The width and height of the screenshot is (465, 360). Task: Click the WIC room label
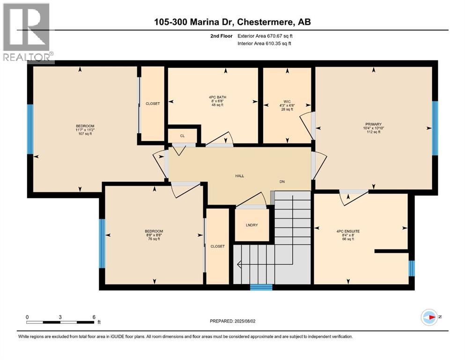tap(287, 99)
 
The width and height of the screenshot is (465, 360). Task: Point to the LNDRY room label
tap(251, 225)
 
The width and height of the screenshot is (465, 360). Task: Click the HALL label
tap(239, 176)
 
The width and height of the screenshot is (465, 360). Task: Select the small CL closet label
tap(182, 136)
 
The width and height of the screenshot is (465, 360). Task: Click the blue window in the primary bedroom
tap(435, 128)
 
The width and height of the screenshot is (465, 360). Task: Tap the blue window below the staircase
tap(261, 287)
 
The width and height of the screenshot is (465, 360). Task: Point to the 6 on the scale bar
tap(94, 316)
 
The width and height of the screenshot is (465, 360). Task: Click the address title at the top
tap(233, 22)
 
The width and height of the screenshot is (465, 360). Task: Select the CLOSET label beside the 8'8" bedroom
tap(217, 246)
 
